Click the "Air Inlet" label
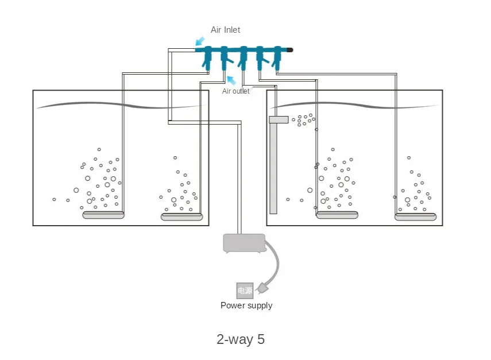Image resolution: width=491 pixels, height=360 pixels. click(x=225, y=30)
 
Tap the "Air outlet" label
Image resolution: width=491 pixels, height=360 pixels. click(x=235, y=91)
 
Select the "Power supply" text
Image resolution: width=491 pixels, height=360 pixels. click(x=246, y=305)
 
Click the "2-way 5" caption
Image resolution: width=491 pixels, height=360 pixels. click(x=241, y=339)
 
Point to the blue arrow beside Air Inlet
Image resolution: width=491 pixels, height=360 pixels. click(x=200, y=41)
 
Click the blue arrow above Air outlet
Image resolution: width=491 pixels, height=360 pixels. click(x=231, y=80)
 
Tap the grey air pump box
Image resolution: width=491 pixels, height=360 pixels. click(x=244, y=243)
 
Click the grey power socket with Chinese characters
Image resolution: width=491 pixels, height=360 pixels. click(x=245, y=291)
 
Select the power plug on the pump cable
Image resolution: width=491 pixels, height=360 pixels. click(x=263, y=286)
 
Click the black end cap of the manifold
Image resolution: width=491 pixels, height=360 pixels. click(x=289, y=50)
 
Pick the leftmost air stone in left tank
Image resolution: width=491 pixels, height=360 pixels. click(x=103, y=215)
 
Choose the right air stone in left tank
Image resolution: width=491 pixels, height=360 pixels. click(x=182, y=216)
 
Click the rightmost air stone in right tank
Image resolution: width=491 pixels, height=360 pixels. click(x=415, y=216)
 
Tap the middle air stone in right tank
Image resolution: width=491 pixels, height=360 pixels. click(x=337, y=215)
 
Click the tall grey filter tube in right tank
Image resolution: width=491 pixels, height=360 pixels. click(x=273, y=167)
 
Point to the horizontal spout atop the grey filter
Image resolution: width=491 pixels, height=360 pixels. click(x=279, y=119)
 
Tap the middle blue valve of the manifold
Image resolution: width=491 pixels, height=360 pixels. click(x=243, y=56)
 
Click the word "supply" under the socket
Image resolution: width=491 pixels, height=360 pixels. click(x=259, y=305)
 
